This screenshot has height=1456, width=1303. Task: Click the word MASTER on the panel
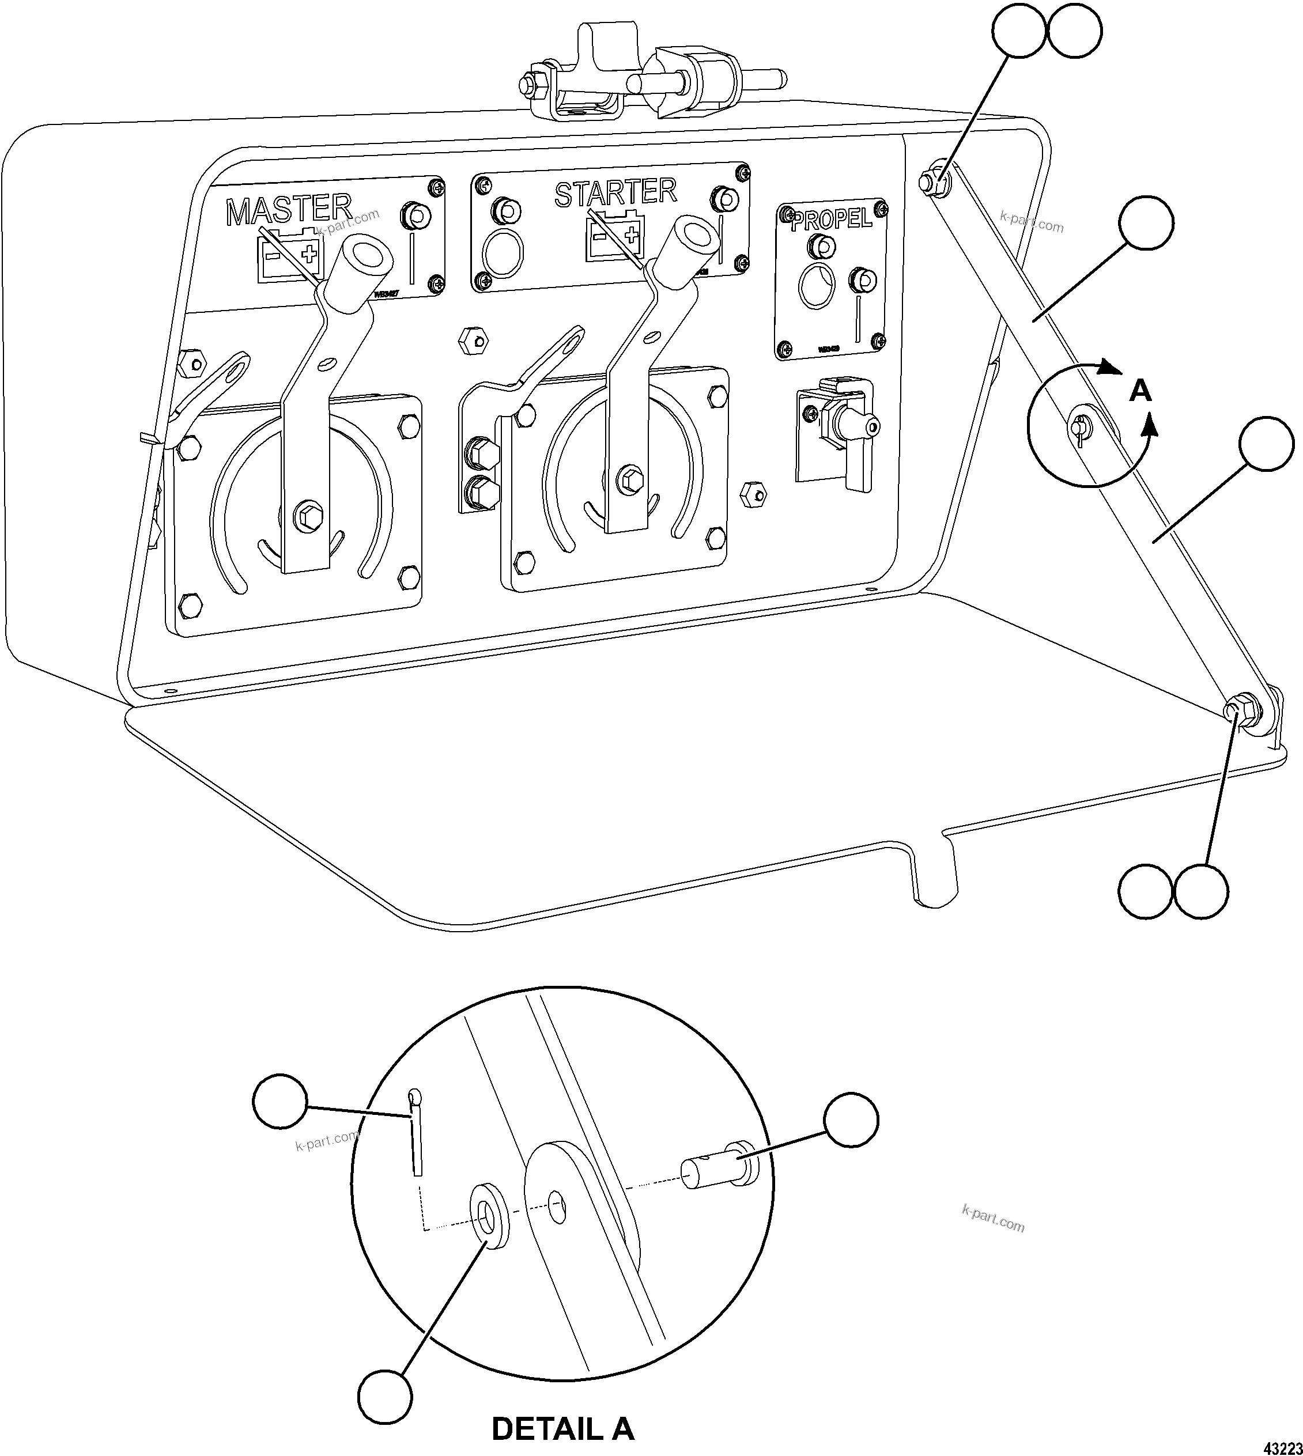point(289,209)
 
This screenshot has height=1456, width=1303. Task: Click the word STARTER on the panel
point(615,192)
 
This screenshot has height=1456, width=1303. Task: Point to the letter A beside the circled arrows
point(1140,392)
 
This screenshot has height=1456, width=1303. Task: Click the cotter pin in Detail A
point(416,1135)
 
